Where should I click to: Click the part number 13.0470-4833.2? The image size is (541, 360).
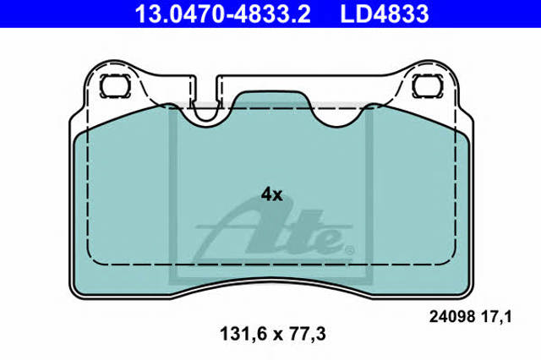tap(222, 14)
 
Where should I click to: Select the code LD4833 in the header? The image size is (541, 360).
tap(385, 14)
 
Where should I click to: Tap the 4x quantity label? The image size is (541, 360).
tap(271, 195)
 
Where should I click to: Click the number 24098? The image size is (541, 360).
tap(452, 317)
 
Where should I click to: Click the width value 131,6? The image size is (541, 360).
tap(244, 334)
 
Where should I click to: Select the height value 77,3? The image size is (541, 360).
tap(305, 334)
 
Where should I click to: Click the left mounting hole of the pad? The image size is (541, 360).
tap(115, 86)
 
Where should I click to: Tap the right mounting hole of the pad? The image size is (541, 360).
tap(428, 86)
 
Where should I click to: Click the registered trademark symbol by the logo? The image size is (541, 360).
tap(349, 249)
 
